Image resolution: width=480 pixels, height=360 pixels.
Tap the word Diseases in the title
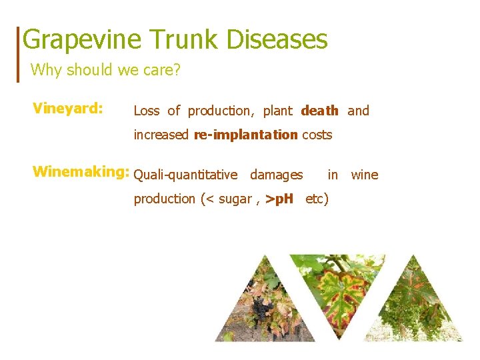(277, 40)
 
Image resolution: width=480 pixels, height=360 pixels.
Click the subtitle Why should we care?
(105, 69)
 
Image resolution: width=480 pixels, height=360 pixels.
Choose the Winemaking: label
(80, 173)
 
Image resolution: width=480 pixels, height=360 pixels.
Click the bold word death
(320, 111)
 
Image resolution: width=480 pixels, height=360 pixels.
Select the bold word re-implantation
(246, 135)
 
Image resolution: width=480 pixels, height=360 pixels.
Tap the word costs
(317, 135)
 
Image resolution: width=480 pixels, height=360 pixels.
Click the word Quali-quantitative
(185, 175)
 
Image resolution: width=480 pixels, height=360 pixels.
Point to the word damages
(276, 175)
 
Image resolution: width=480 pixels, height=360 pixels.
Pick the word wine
(364, 175)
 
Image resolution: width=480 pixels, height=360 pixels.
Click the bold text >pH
(279, 199)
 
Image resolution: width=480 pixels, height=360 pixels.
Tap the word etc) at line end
(317, 199)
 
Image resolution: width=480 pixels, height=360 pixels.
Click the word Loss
(147, 111)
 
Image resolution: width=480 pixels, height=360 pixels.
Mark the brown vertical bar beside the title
(18, 54)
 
